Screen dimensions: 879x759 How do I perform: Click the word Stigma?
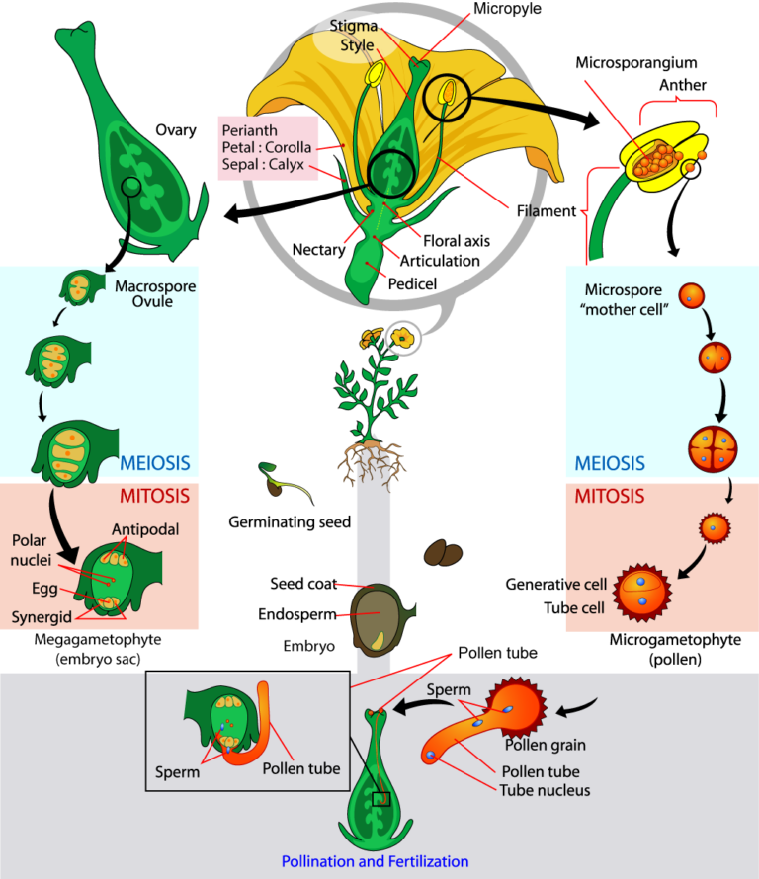click(x=353, y=27)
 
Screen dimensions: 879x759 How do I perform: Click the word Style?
click(x=357, y=45)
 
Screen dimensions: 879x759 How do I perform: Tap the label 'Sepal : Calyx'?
click(x=264, y=165)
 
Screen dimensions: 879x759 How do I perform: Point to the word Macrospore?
click(x=155, y=286)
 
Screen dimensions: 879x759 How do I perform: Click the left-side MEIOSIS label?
click(x=154, y=463)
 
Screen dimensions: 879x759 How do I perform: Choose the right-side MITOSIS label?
click(x=610, y=496)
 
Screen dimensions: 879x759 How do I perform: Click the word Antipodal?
click(x=145, y=529)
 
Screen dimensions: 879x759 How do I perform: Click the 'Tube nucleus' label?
click(x=545, y=789)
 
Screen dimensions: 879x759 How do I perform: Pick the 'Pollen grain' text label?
click(x=547, y=744)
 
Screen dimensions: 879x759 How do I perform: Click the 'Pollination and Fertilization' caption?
click(x=375, y=861)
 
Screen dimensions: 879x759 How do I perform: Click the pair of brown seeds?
click(x=443, y=554)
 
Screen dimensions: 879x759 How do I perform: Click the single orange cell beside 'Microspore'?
click(x=692, y=295)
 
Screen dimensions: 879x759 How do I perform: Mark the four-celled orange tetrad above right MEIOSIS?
click(x=712, y=445)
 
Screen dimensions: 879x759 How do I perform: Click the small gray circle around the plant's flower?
click(x=402, y=338)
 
